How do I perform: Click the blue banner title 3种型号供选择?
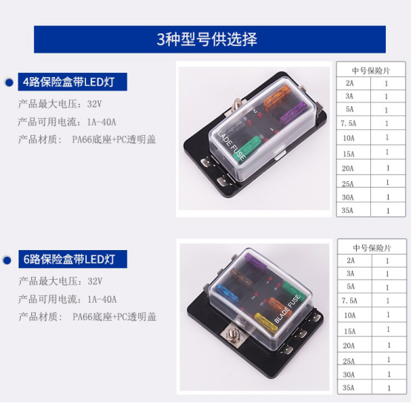click(207, 39)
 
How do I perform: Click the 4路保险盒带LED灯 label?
click(68, 82)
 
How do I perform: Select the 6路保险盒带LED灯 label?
click(69, 259)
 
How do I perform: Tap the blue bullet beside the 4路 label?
click(9, 82)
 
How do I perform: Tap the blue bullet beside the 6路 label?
click(7, 261)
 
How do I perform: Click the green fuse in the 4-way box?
click(246, 149)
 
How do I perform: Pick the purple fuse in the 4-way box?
click(294, 113)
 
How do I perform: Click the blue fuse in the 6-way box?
click(227, 294)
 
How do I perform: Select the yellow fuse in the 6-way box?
click(266, 322)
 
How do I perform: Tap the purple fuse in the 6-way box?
click(255, 263)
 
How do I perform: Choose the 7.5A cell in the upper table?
click(349, 123)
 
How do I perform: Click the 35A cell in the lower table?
click(349, 387)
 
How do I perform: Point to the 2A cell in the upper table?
click(349, 83)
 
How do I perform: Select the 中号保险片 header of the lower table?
click(372, 248)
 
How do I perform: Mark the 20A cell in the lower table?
click(349, 346)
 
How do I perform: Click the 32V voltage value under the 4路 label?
click(94, 104)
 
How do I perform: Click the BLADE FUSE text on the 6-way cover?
click(287, 309)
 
